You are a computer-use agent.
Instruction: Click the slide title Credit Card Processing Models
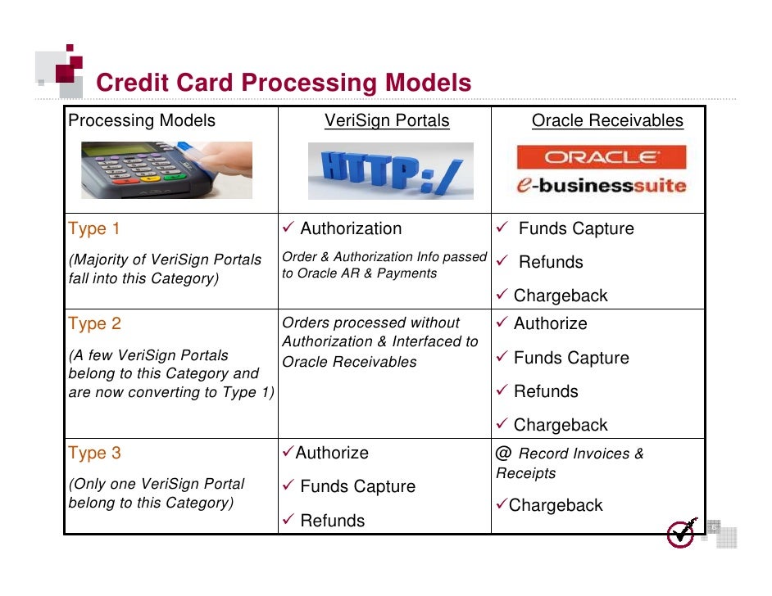(x=284, y=83)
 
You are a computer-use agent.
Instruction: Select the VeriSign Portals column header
(x=387, y=121)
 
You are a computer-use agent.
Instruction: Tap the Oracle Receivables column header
(x=606, y=121)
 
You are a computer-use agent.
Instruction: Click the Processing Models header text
(x=142, y=121)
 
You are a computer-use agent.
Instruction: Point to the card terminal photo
(x=166, y=169)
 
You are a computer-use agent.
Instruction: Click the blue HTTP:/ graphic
(x=391, y=170)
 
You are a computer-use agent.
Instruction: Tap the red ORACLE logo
(x=601, y=157)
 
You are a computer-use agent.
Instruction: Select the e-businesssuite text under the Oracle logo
(x=601, y=185)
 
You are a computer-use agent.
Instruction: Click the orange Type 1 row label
(x=94, y=229)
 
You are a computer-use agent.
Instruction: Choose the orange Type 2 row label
(x=94, y=324)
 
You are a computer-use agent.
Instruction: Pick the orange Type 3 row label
(x=94, y=454)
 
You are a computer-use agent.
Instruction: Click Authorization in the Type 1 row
(x=351, y=229)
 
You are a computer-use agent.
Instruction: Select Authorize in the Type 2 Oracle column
(x=550, y=324)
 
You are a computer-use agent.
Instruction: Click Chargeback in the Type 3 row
(x=556, y=506)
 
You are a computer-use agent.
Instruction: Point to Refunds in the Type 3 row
(x=332, y=521)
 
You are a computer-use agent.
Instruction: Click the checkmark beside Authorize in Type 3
(x=288, y=453)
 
